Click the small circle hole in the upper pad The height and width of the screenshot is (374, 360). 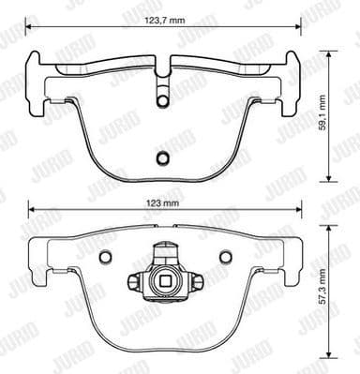160,157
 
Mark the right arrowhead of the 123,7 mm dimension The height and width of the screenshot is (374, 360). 295,26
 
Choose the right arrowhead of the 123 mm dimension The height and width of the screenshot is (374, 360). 297,211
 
